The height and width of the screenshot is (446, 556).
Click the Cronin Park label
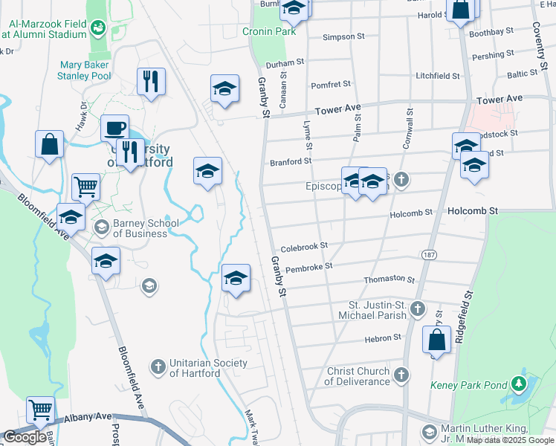click(x=269, y=31)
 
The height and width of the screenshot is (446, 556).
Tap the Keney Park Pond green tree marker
click(x=520, y=384)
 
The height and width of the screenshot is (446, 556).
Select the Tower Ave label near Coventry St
click(x=500, y=99)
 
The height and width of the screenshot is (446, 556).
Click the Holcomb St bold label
click(x=472, y=211)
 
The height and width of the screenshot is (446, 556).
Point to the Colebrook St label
click(x=304, y=245)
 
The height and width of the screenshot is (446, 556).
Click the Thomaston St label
click(x=389, y=279)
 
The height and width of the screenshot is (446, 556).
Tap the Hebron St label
click(x=383, y=339)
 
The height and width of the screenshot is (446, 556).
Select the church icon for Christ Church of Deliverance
click(x=402, y=375)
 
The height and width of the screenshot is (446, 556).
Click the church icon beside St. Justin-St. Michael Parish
click(x=418, y=307)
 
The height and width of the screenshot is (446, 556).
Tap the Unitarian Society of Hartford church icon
click(x=158, y=366)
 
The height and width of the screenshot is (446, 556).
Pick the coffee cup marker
click(x=114, y=128)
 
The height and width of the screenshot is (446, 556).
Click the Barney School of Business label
click(x=140, y=228)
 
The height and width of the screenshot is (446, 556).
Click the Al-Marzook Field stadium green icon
click(x=97, y=28)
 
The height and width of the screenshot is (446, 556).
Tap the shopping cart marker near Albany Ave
click(x=40, y=410)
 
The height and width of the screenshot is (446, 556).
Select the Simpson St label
click(x=344, y=36)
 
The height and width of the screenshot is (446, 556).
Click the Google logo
click(x=25, y=437)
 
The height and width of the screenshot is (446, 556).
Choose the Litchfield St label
click(x=437, y=76)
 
